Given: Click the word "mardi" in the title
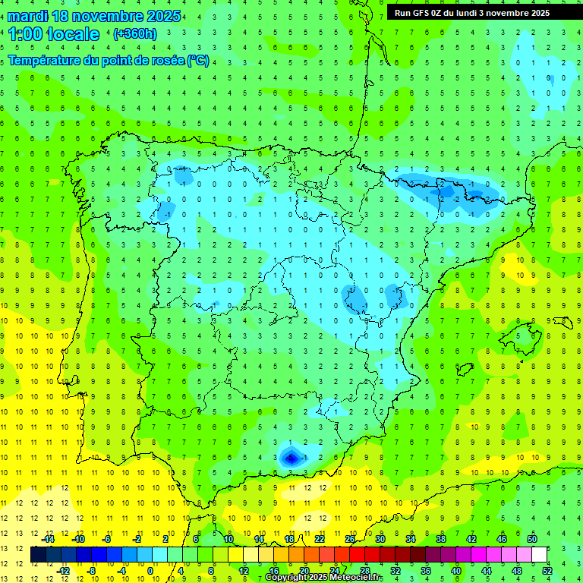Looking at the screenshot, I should click(x=28, y=16).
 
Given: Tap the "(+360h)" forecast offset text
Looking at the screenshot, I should click(x=134, y=34).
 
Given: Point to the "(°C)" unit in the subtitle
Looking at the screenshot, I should click(x=197, y=61).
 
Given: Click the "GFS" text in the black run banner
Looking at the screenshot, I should click(x=424, y=13).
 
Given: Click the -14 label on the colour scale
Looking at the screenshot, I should click(x=48, y=539).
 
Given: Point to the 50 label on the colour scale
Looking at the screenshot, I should click(x=532, y=539).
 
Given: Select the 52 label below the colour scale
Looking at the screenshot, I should click(x=547, y=571).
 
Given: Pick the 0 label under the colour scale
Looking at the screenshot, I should click(x=150, y=571).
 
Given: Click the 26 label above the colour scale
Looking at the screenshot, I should click(x=350, y=539).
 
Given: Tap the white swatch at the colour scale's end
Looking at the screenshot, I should click(x=540, y=555).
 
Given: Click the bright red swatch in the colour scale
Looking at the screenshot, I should click(x=357, y=555).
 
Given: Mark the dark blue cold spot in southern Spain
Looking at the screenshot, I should click(x=289, y=457).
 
